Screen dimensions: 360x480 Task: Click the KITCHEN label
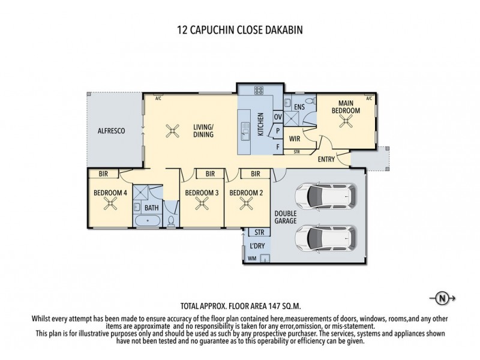point(261,125)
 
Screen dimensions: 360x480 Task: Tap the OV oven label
point(277,116)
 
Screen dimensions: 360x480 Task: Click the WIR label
point(294,139)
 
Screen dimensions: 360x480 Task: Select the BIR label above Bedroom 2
point(255,174)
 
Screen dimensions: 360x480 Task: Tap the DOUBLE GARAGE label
point(286,217)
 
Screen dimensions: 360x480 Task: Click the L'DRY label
point(256,247)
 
